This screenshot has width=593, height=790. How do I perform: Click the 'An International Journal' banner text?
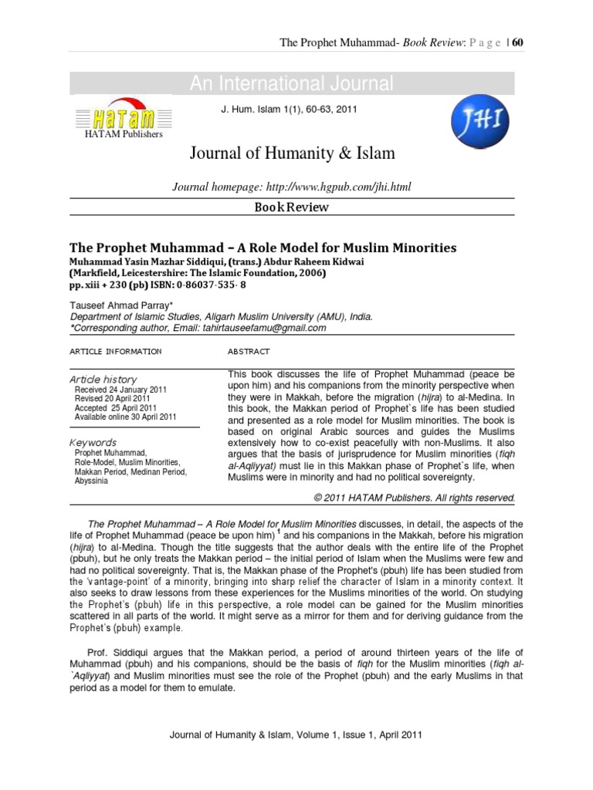pyautogui.click(x=292, y=84)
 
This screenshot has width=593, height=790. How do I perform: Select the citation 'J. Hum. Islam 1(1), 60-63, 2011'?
pyautogui.click(x=289, y=110)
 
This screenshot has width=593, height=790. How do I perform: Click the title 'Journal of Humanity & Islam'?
pyautogui.click(x=292, y=154)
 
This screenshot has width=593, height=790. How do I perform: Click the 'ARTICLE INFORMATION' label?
pyautogui.click(x=116, y=351)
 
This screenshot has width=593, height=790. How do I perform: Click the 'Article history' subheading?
pyautogui.click(x=103, y=380)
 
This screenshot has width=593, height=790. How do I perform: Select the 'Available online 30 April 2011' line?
pyautogui.click(x=125, y=417)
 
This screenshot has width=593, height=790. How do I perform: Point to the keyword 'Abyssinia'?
pyautogui.click(x=92, y=480)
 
